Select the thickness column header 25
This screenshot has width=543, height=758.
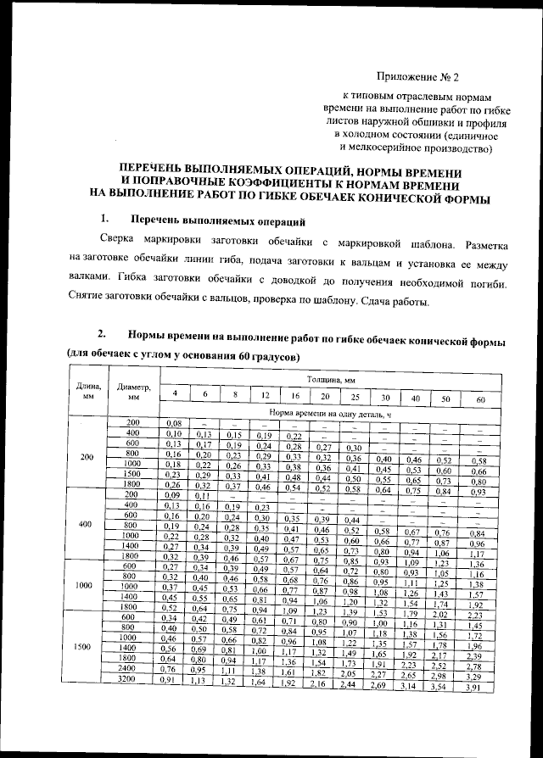click(355, 397)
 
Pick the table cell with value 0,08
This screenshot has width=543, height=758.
click(175, 422)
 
